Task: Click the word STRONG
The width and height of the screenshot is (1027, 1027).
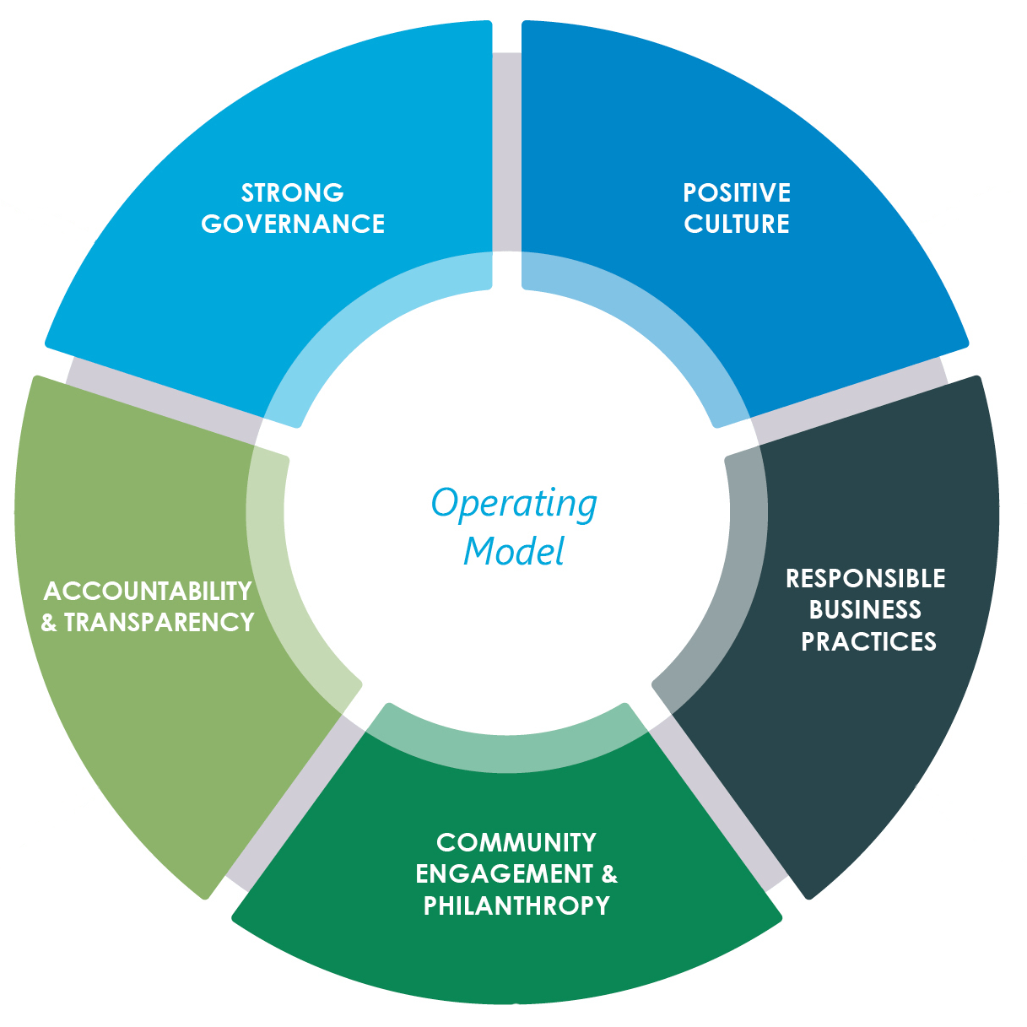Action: pos(293,192)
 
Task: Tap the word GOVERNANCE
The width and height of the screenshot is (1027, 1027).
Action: pos(293,224)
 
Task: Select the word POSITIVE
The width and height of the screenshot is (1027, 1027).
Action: pos(737,192)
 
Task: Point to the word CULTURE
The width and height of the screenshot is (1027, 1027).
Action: pos(737,224)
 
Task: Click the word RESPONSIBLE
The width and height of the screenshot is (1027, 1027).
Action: pos(865,578)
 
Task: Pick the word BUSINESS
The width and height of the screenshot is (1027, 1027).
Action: pos(865,609)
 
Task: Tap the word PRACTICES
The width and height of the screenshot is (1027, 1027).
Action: pos(868,641)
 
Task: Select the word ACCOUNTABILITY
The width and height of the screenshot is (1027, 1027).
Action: pos(148,591)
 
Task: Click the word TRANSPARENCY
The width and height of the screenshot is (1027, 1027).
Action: pos(159,622)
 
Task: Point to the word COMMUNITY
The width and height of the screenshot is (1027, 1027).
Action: pos(516,842)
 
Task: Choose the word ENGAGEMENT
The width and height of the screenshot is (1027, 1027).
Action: pos(504,873)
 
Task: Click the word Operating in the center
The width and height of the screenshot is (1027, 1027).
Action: pos(514,504)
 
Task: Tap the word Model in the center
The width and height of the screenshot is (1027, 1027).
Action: pos(514,552)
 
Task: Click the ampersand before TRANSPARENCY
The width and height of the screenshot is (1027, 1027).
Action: pos(49,623)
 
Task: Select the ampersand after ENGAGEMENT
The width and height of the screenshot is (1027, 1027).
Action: pos(609,873)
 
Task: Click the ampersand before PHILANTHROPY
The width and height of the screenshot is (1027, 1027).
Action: pos(430,905)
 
